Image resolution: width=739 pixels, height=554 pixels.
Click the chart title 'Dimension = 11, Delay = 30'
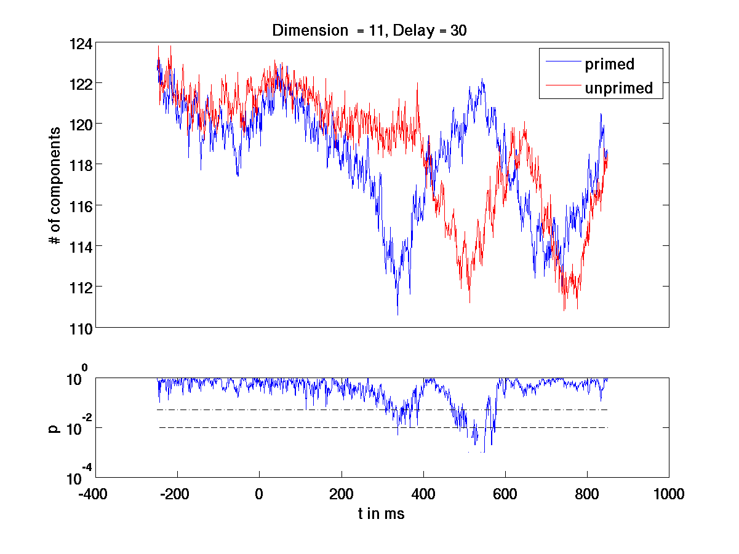click(369, 31)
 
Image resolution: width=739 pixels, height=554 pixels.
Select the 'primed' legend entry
click(609, 63)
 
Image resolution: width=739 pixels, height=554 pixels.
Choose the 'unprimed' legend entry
click(618, 89)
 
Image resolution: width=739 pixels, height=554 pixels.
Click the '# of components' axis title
click(55, 186)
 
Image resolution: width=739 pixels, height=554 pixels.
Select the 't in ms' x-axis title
click(381, 514)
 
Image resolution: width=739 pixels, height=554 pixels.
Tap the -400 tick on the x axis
click(95, 493)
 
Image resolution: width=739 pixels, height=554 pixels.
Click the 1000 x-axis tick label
click(669, 493)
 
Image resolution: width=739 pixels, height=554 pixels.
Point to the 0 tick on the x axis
click(259, 493)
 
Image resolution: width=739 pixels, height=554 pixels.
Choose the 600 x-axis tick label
click(505, 493)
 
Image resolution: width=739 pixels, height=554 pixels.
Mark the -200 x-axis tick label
click(177, 493)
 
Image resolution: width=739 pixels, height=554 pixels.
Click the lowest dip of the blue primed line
click(397, 314)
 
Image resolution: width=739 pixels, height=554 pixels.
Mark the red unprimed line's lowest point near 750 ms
click(564, 310)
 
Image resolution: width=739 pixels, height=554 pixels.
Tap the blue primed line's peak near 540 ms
click(482, 79)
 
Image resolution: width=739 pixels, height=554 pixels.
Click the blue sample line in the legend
click(560, 63)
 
